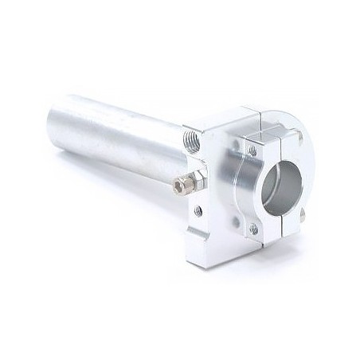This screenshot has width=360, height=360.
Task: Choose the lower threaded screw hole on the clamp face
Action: point(252,228)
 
